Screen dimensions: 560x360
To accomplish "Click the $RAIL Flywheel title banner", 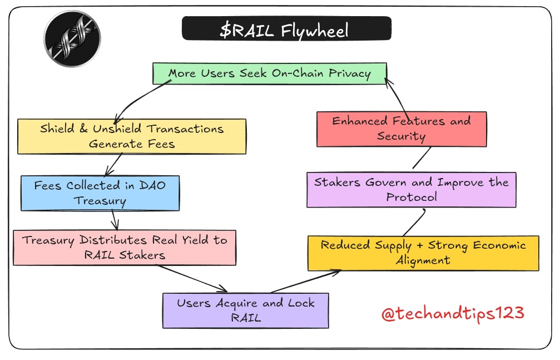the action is tap(286, 28).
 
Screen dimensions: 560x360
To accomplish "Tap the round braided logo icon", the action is tap(72, 38).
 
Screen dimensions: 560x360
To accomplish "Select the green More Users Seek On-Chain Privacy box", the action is tap(270, 73).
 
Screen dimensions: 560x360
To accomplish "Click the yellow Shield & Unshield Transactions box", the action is tap(132, 136).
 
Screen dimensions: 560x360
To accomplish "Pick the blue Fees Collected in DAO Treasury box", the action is tap(100, 193).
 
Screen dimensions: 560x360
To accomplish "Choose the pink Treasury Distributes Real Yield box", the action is tap(125, 248).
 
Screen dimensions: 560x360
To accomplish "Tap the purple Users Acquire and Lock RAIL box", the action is tap(245, 310).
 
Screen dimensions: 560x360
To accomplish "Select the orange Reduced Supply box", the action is tap(423, 253).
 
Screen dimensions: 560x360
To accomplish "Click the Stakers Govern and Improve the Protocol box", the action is tap(412, 189).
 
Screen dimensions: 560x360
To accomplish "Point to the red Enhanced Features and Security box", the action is tap(402, 129).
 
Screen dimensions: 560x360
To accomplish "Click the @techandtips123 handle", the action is tap(453, 313).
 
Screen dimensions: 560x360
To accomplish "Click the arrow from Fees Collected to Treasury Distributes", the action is tap(115, 220).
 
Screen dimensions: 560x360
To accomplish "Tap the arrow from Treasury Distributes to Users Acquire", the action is tap(192, 278).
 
